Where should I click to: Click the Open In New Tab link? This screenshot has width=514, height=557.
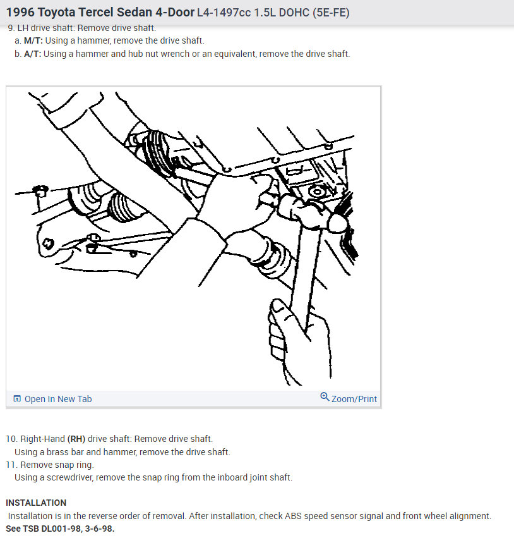click(57, 399)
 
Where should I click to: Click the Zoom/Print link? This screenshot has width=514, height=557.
click(354, 399)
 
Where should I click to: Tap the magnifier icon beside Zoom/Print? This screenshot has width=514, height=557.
click(325, 397)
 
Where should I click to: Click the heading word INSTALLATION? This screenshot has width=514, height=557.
click(36, 503)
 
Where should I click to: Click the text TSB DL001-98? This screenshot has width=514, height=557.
click(50, 529)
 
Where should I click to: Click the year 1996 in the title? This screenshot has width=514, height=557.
click(19, 13)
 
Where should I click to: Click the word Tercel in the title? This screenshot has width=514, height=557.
click(87, 13)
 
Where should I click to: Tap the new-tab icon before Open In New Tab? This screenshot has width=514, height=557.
click(17, 399)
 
